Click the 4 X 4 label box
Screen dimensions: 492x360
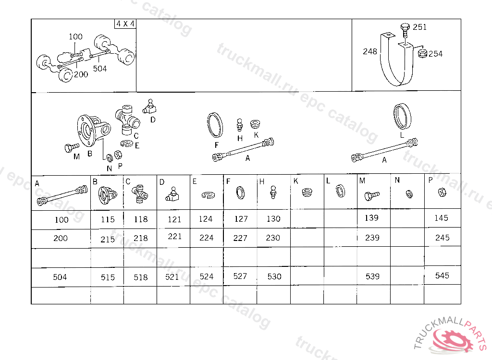coord(125,24)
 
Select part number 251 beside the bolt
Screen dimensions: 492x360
coord(419,27)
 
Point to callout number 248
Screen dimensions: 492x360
coord(369,51)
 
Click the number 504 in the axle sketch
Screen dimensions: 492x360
coord(100,68)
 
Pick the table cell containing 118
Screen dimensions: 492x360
coord(140,219)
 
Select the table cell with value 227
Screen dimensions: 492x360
coord(240,238)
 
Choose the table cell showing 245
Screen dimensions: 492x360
coord(443,238)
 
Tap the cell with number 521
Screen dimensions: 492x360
coord(173,277)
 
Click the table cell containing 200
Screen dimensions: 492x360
coord(61,239)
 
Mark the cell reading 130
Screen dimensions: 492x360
coord(273,219)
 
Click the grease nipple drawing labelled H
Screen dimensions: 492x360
coord(239,125)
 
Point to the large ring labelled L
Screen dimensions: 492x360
coord(402,116)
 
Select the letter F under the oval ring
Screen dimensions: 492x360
coord(217,145)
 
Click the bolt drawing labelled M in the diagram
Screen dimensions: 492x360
coord(72,147)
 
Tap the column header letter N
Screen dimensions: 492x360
coord(397,180)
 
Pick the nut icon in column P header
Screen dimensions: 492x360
coord(442,192)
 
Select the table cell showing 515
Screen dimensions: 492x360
coord(107,277)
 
